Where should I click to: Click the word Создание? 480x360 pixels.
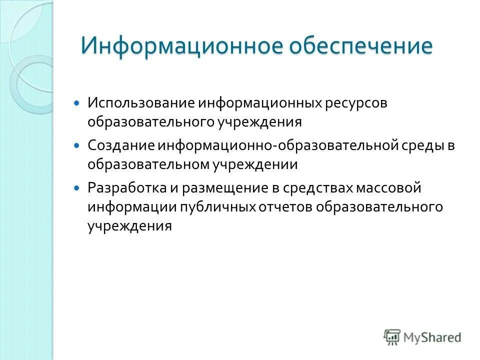[121, 145]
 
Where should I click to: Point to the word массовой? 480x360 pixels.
[388, 188]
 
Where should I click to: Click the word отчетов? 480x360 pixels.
[283, 206]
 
